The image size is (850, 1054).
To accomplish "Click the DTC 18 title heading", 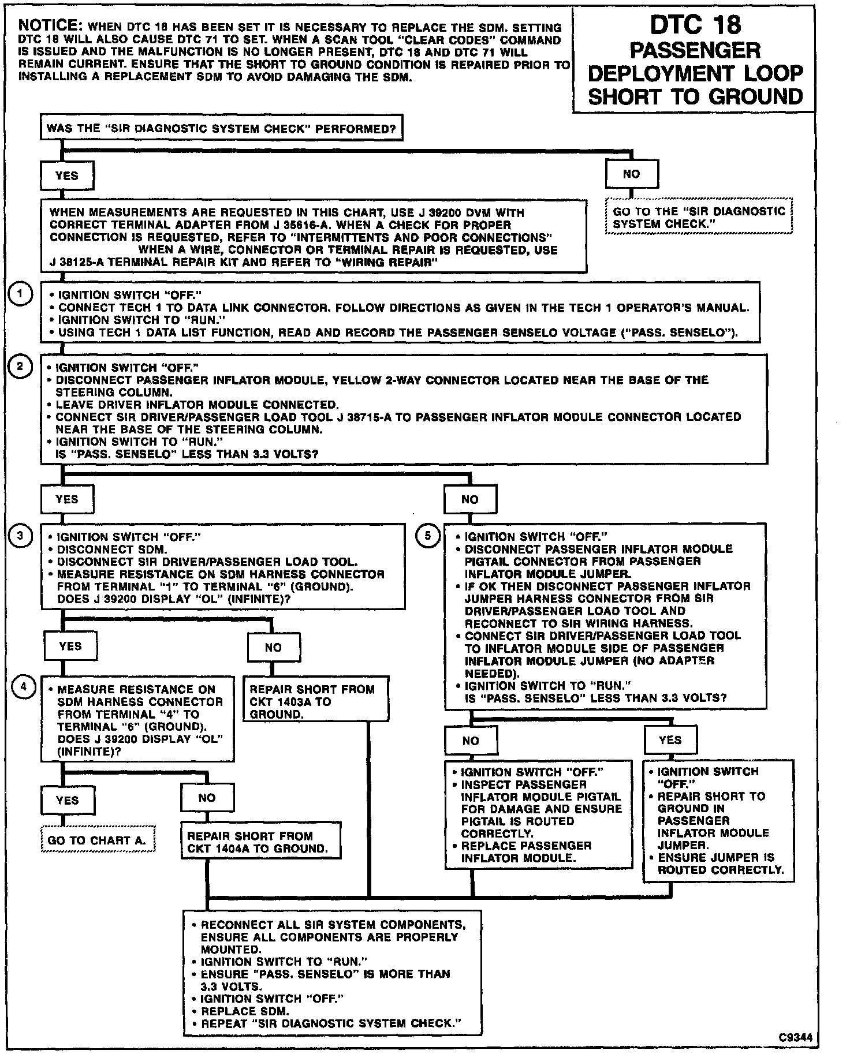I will pos(695,61).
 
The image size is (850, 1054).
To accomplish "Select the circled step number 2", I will pos(20,367).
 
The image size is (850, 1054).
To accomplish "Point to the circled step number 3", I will pos(20,536).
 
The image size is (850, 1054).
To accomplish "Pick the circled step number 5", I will pos(428,536).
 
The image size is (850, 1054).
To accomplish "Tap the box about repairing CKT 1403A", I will pos(316,701).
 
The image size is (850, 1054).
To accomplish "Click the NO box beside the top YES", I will pos(632,174).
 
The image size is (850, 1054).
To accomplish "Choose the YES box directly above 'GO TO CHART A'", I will pos(68,800).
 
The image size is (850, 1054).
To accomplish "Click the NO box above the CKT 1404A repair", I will pos(207,798).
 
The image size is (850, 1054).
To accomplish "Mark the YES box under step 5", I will pos(670,740).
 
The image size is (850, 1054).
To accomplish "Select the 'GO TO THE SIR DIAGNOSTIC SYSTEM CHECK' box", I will pos(699,218).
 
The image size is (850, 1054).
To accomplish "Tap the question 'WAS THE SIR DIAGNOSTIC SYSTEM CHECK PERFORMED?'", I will pos(221,129).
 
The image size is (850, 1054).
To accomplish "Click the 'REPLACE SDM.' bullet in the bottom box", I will pos(245,1011).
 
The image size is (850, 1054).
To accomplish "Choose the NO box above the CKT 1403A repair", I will pos(273,647).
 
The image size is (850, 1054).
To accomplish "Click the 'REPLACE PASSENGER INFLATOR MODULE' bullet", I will pos(526,852).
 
